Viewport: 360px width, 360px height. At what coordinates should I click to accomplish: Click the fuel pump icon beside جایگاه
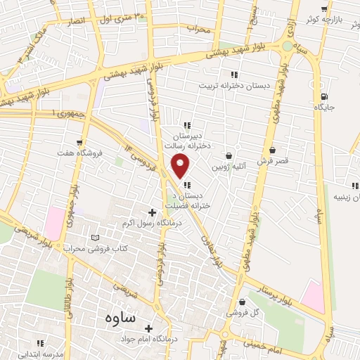[323, 97]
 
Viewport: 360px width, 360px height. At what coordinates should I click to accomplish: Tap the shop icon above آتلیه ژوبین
[229, 155]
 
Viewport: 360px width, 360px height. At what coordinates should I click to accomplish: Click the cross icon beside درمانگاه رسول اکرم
[151, 212]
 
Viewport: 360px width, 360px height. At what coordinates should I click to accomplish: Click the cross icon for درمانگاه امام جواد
[149, 328]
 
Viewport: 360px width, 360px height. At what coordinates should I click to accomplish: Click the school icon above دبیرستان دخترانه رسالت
[187, 124]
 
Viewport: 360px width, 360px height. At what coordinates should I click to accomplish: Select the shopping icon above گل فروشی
[243, 302]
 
